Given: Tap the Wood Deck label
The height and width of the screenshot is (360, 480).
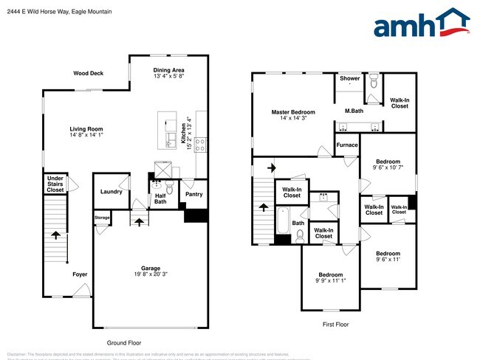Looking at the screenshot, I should (88, 73).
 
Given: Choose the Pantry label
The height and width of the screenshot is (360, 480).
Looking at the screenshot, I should (195, 195).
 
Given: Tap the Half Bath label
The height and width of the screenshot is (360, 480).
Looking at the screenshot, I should (160, 198).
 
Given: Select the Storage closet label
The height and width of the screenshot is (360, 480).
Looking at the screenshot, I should (102, 218).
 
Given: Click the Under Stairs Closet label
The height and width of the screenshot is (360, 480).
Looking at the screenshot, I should (55, 184).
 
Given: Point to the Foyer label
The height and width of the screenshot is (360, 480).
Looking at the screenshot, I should (80, 274).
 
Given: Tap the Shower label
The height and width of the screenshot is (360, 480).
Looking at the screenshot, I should (349, 77).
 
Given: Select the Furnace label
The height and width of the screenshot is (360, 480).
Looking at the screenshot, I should (347, 145).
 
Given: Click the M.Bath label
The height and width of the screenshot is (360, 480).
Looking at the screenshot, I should (354, 111).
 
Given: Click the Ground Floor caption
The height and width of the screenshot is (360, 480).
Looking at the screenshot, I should (124, 342).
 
